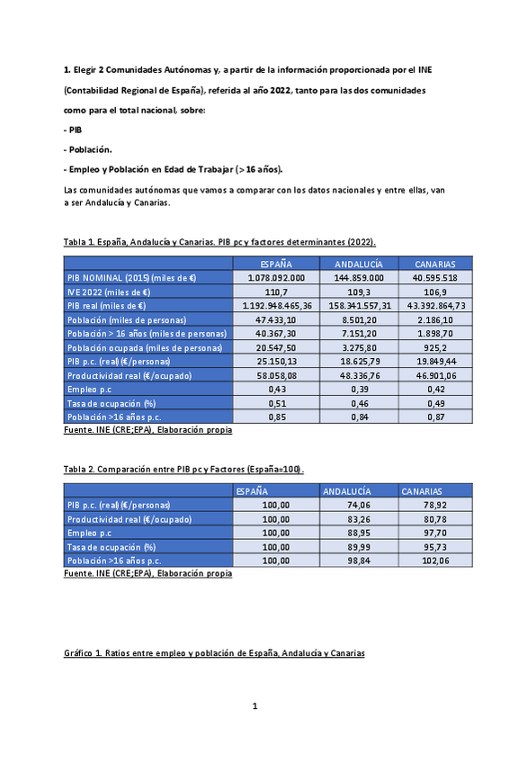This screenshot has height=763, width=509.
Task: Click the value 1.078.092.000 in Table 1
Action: (x=276, y=278)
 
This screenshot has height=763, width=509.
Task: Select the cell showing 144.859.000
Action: (x=359, y=278)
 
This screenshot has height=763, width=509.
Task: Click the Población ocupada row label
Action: (x=145, y=347)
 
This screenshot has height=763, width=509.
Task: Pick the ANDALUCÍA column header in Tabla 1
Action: (x=359, y=265)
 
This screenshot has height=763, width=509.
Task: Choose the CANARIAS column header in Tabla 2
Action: (x=422, y=492)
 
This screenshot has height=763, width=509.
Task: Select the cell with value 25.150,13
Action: (x=276, y=361)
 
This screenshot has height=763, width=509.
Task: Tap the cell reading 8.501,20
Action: (x=359, y=319)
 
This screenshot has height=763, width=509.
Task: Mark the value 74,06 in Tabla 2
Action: (x=359, y=506)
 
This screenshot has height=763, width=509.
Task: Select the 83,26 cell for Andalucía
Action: (x=359, y=519)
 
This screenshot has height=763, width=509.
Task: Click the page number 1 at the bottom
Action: (x=254, y=706)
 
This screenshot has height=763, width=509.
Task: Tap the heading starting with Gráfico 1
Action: (x=214, y=652)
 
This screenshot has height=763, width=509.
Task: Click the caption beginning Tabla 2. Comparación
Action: (x=183, y=470)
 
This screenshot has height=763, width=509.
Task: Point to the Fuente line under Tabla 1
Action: (x=147, y=430)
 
